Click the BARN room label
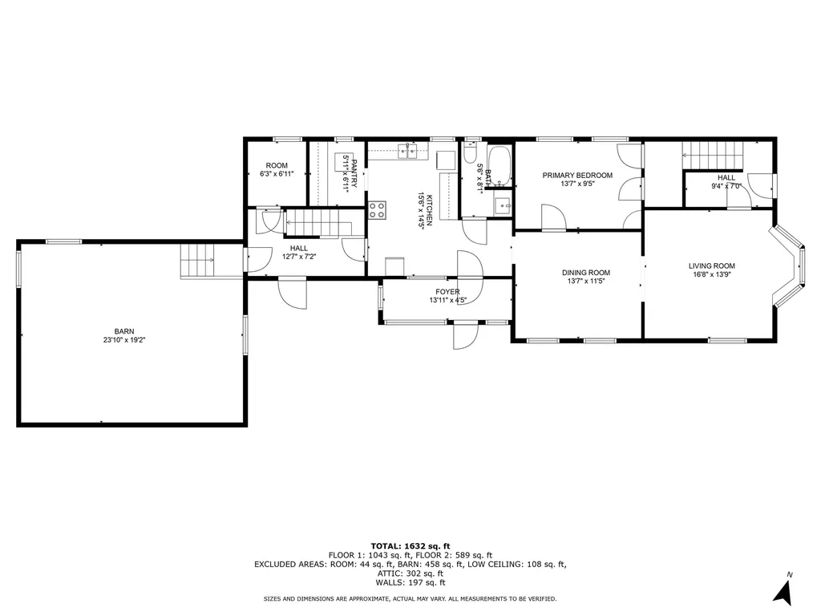point(124,331)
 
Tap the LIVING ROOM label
point(712,266)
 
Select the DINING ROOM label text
point(586,273)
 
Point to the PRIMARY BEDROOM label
point(577,176)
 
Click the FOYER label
point(447,292)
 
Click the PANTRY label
point(354,174)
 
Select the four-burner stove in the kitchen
point(378,210)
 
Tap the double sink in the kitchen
point(408,152)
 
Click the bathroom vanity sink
point(503,206)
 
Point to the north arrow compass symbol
point(783,593)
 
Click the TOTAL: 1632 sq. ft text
point(410,545)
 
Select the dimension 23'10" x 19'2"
point(124,340)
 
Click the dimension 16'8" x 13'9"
point(712,274)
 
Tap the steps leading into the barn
point(198,261)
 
